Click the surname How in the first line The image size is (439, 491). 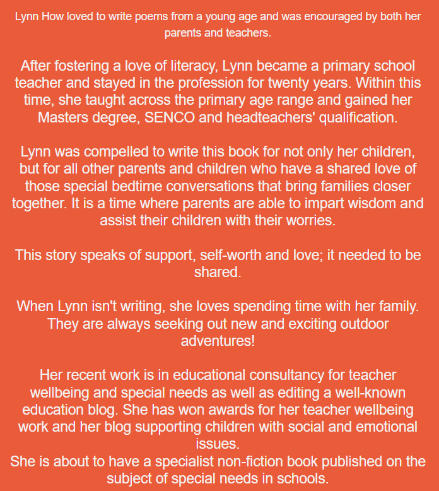coord(50,16)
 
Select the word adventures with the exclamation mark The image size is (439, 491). coord(218,341)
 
